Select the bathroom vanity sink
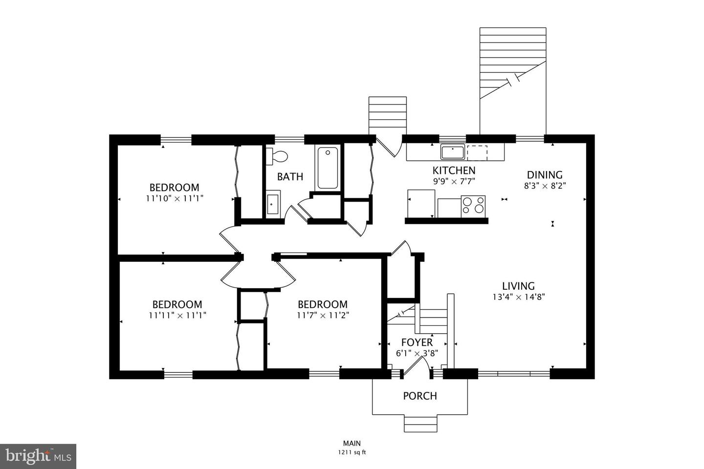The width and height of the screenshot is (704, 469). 273,204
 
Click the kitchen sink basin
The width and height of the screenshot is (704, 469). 453,152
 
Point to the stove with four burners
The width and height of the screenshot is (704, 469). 473,206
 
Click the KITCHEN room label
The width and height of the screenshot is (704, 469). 454,171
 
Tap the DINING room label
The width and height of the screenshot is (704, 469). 545,174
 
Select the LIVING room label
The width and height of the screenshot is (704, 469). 518,286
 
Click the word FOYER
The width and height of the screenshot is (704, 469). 417,342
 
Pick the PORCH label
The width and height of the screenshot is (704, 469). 420,396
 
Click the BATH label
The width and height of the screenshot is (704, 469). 290,176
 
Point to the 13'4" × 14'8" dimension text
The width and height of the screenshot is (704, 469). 518,297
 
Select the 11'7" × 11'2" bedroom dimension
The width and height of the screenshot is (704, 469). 323,315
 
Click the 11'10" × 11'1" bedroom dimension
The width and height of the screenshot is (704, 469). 174,198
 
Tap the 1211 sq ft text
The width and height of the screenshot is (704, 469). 352,452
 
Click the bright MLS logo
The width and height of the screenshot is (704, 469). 38,456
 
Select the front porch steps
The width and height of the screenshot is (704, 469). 420,423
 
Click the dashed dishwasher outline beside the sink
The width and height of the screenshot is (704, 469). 477,152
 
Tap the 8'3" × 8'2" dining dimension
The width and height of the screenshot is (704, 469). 545,186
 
